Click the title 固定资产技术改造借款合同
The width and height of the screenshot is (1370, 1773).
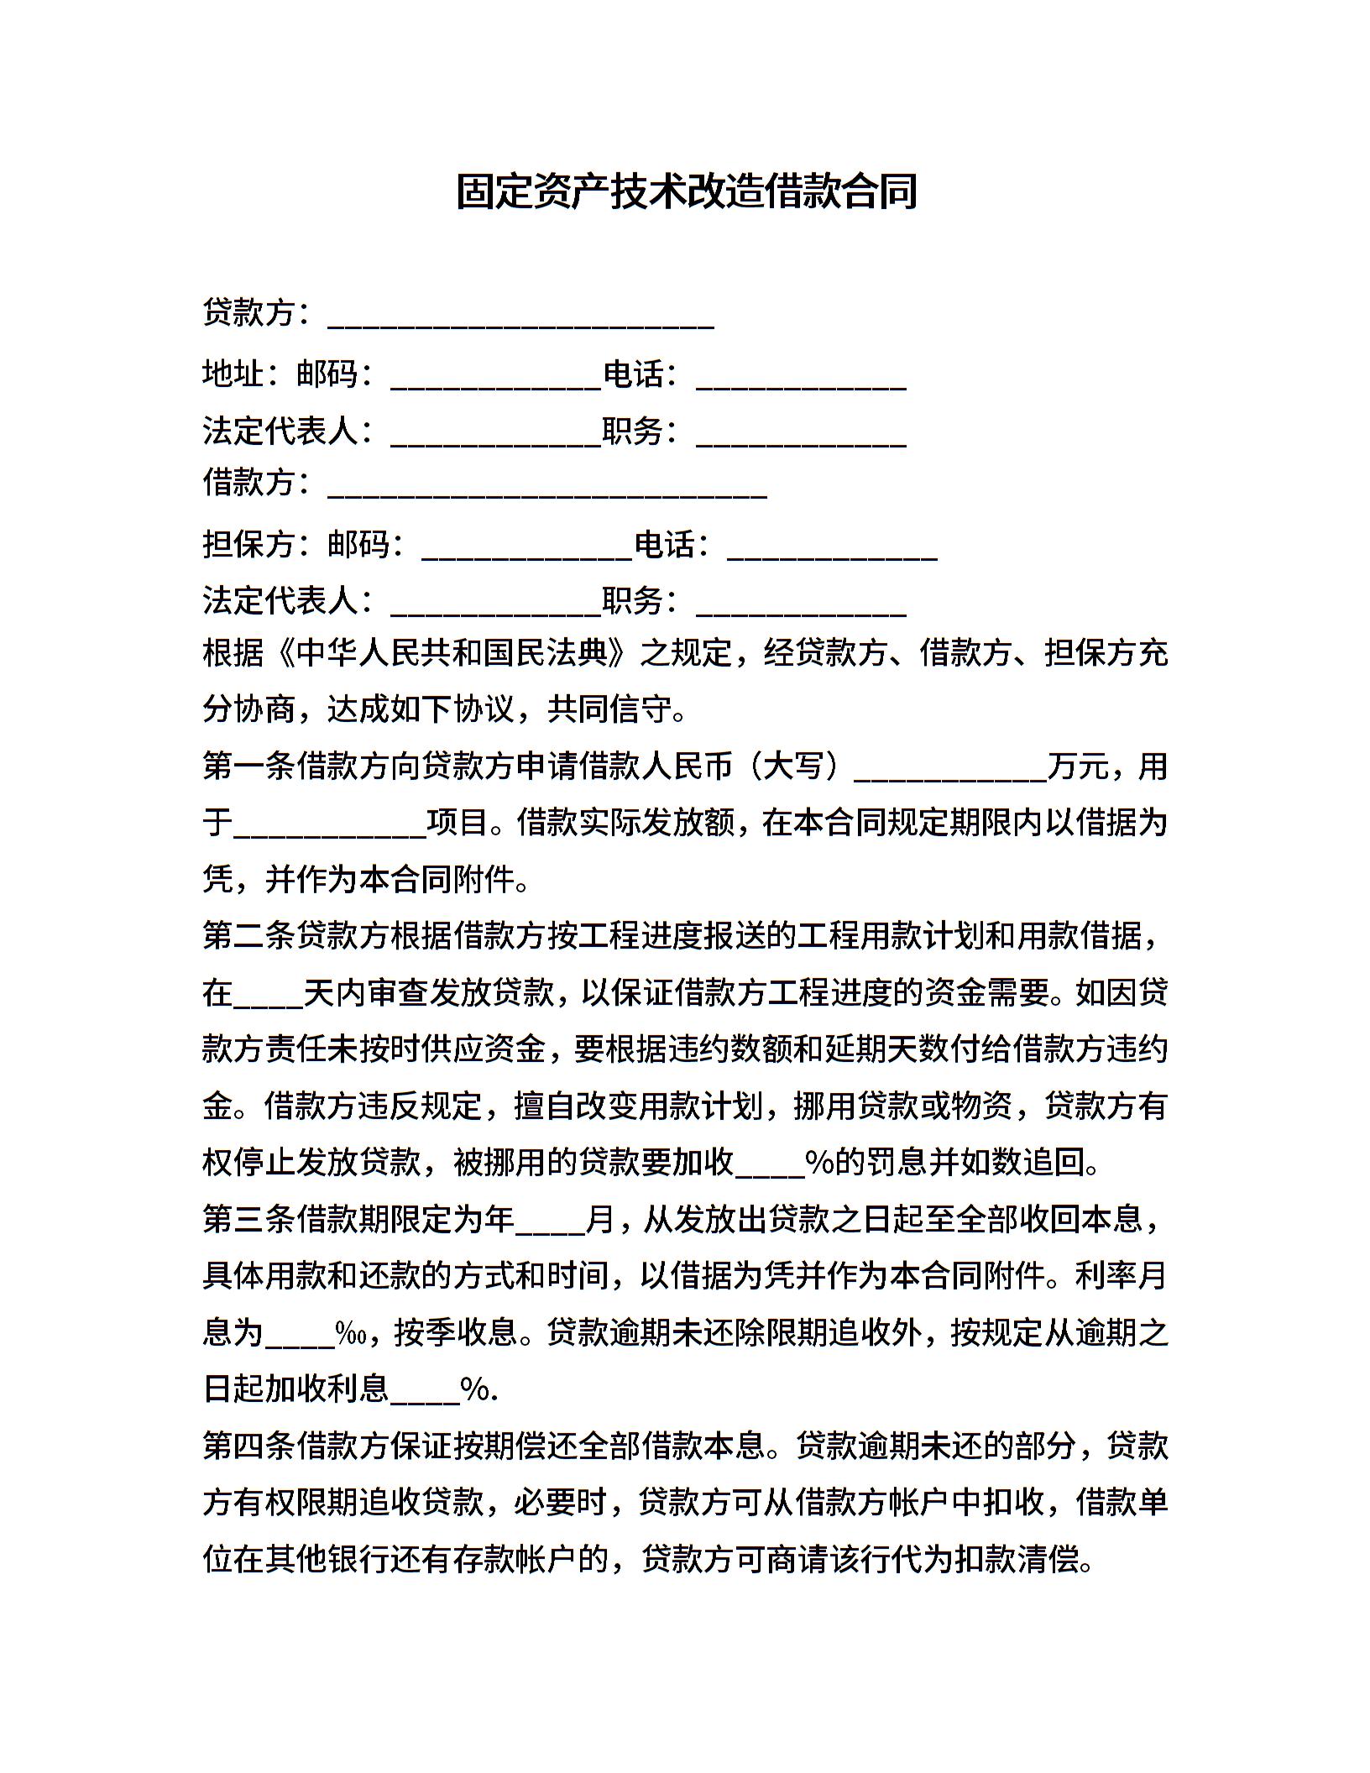pos(686,192)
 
